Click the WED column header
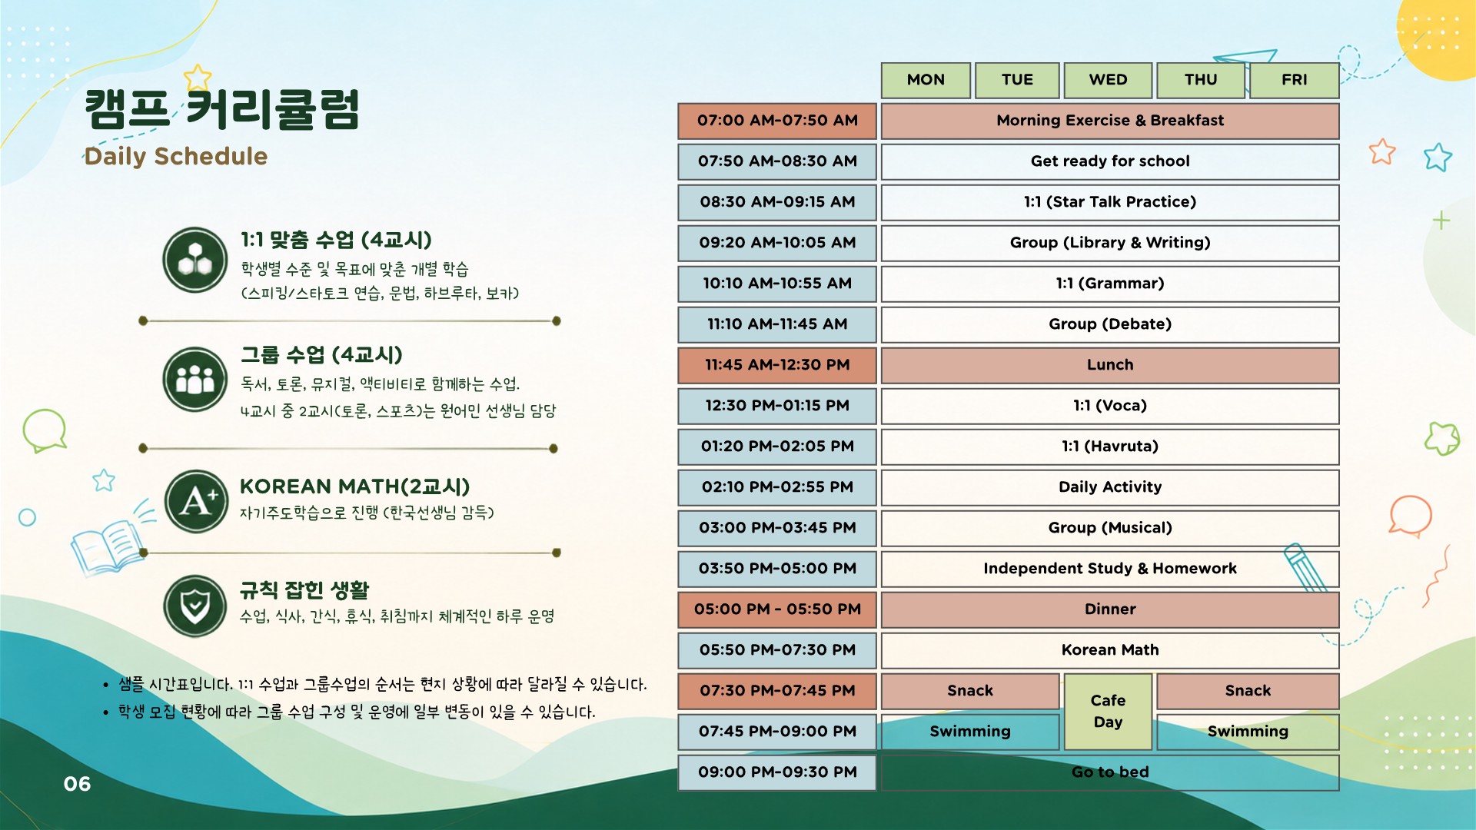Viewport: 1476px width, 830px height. [1108, 80]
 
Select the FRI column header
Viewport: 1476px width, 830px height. [1295, 80]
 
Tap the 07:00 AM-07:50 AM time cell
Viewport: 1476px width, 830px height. [777, 121]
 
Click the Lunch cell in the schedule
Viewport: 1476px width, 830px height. [1110, 365]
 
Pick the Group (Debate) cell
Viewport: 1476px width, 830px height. [1110, 324]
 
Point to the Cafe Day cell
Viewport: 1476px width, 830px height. [1108, 711]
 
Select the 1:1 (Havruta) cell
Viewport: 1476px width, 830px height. [1110, 447]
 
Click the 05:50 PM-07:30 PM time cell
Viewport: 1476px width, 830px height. [777, 650]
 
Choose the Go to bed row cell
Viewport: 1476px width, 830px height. [1110, 772]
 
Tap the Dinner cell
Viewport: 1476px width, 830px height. [1110, 609]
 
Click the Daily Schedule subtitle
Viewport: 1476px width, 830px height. [176, 157]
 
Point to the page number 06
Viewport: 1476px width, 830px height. [77, 784]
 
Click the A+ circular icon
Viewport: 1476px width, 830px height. [196, 502]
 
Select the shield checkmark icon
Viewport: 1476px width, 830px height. [195, 606]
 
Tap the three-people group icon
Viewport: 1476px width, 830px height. [195, 380]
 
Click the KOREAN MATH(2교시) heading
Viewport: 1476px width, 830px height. [354, 486]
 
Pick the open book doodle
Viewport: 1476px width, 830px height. [108, 546]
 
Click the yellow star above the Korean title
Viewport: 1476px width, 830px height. [198, 77]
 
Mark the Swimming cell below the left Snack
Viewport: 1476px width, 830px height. [970, 732]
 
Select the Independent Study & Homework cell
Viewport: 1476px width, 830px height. [1110, 569]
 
